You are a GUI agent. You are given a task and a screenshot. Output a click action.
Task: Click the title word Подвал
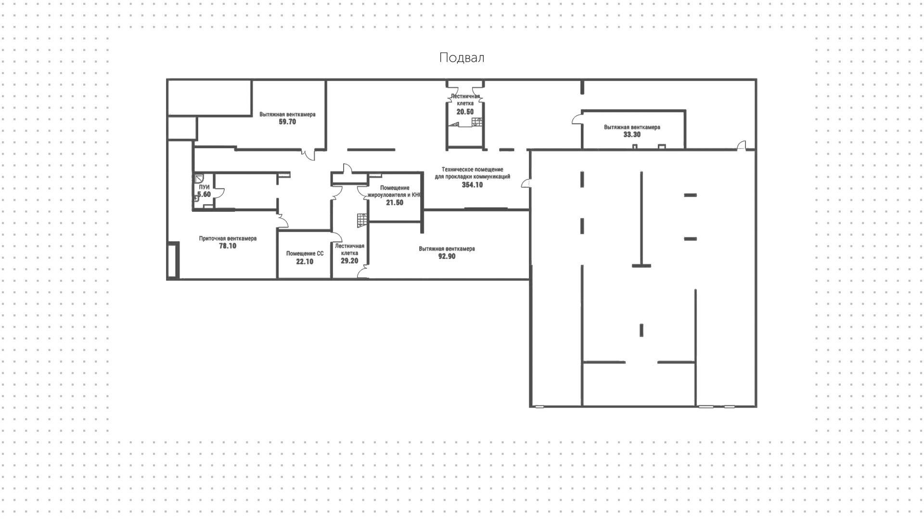point(462,58)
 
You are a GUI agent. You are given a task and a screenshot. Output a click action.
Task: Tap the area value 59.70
point(287,122)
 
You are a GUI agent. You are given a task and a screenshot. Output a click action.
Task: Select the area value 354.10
point(472,185)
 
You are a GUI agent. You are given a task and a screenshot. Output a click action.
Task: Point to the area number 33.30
point(632,135)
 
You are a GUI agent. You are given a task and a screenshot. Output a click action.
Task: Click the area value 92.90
point(447,257)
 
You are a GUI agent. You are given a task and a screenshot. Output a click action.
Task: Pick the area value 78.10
point(228,246)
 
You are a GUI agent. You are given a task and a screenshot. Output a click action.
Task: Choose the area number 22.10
point(305,262)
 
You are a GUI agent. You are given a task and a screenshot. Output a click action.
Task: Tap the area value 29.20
point(349,261)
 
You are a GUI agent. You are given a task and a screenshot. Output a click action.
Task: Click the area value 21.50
point(395,203)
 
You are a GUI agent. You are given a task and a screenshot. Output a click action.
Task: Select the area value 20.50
point(465,112)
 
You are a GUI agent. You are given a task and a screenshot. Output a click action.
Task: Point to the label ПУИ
point(204,187)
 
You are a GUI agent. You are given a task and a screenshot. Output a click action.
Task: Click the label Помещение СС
point(305,254)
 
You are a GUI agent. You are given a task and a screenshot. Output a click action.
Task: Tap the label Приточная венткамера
point(228,238)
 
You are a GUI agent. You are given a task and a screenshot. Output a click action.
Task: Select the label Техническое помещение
point(473,169)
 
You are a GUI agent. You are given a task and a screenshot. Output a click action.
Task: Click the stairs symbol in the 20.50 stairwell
point(476,122)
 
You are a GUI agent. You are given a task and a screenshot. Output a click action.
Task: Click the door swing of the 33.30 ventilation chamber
point(576,118)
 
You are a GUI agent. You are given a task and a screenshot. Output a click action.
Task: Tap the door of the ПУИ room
point(219,193)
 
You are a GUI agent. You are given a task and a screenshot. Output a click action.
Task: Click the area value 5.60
point(204,195)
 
